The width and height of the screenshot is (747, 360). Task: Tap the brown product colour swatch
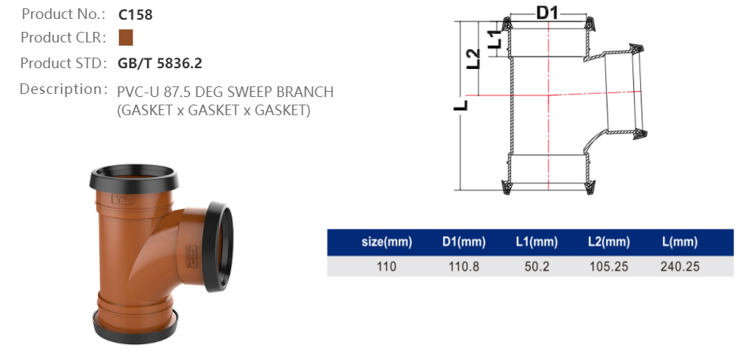click(x=126, y=38)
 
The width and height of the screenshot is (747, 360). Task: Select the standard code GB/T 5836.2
click(x=160, y=63)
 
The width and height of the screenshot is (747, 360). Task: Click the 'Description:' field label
click(x=63, y=89)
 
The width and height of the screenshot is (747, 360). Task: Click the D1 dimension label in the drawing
click(x=548, y=11)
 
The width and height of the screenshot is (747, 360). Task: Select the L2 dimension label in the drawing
click(x=472, y=59)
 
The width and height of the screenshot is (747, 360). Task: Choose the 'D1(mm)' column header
click(x=463, y=243)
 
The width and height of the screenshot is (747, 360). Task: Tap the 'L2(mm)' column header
click(x=608, y=243)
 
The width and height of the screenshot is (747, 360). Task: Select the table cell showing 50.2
click(x=535, y=266)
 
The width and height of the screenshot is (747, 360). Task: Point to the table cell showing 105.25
click(x=608, y=266)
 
